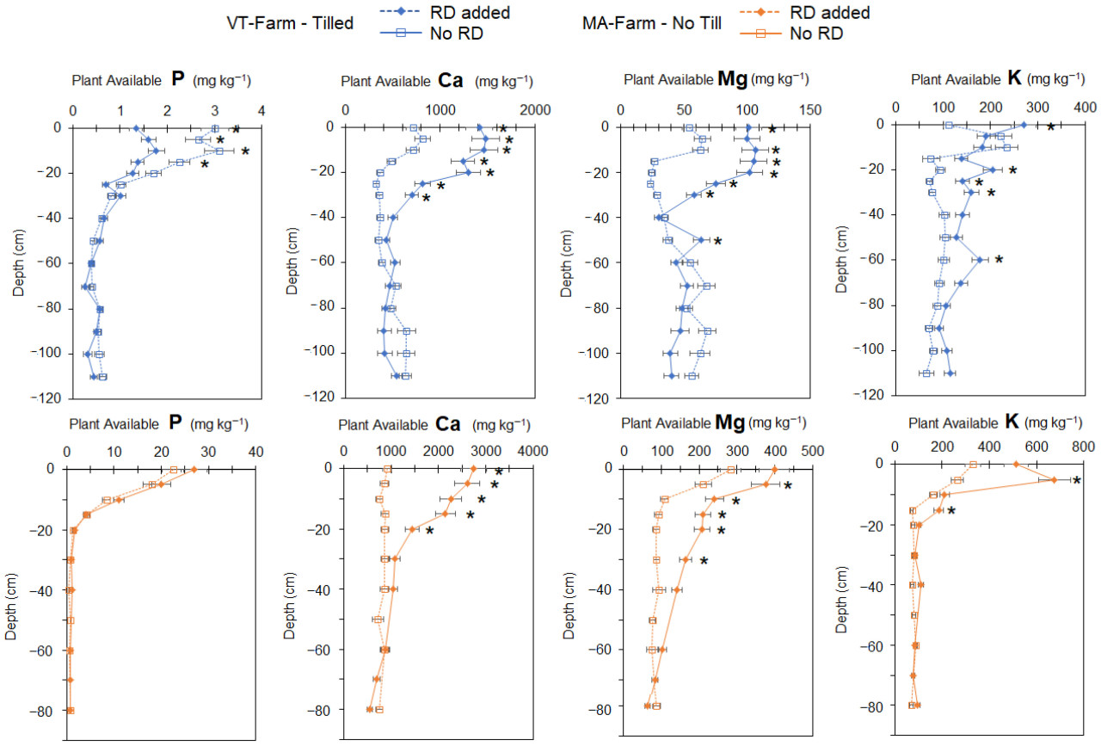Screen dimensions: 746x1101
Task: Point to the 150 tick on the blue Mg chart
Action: (x=810, y=109)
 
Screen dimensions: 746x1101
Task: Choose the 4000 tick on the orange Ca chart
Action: (x=532, y=451)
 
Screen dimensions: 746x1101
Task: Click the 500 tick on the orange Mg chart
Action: (x=812, y=451)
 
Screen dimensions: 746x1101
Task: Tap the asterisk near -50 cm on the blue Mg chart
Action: (x=717, y=242)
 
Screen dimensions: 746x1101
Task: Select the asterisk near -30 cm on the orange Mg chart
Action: (x=704, y=562)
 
